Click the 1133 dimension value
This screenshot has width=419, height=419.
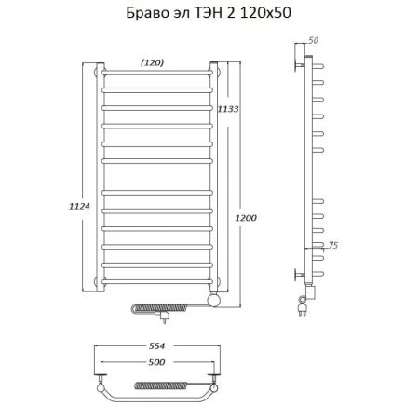click(x=228, y=110)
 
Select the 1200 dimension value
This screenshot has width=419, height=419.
click(x=246, y=218)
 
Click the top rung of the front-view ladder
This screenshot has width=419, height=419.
click(x=156, y=73)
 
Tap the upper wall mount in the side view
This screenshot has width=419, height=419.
click(x=303, y=65)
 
